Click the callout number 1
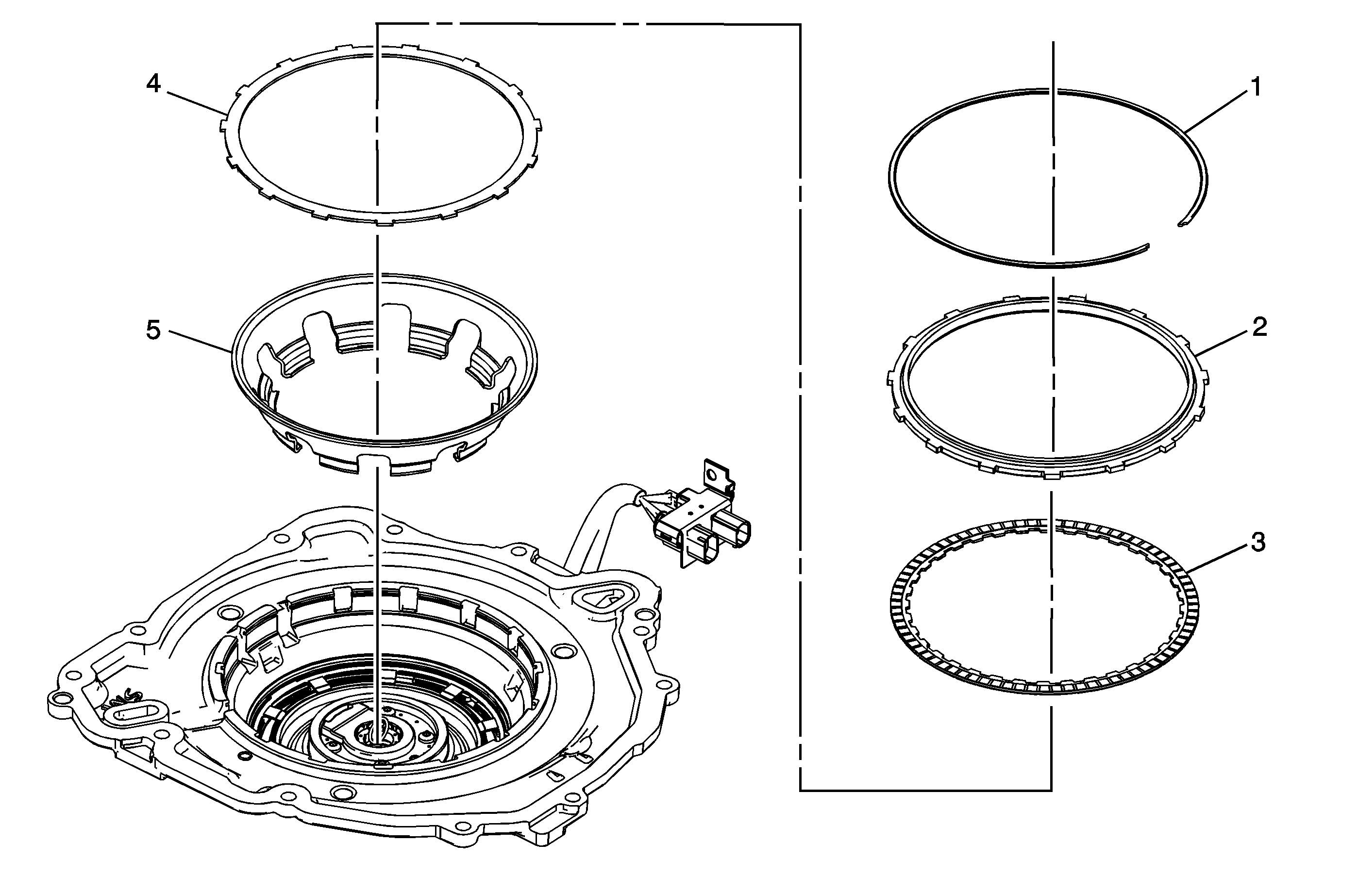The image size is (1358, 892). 1255,87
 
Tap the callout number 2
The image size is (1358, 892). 1259,327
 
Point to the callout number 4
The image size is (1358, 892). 153,84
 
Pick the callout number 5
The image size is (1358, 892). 153,330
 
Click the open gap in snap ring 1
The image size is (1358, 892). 1164,235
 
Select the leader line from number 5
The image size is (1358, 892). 200,342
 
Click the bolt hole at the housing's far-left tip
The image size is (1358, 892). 58,699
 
